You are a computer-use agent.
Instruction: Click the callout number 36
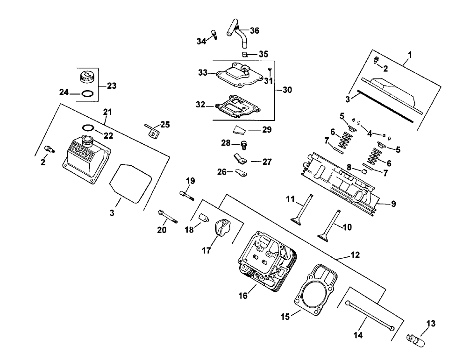(x=255, y=30)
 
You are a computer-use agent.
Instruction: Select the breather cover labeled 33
(x=238, y=76)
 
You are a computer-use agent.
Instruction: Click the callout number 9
(x=394, y=204)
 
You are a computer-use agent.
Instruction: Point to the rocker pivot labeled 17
(x=222, y=230)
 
